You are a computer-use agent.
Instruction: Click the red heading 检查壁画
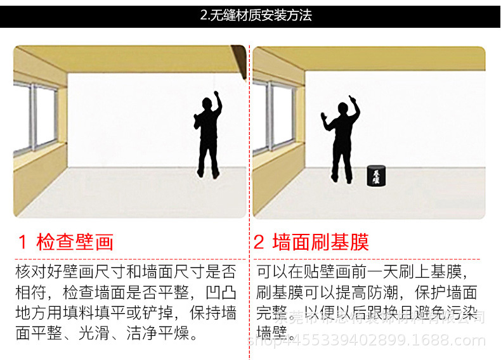click(x=75, y=242)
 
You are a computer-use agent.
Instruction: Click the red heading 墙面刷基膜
click(x=320, y=242)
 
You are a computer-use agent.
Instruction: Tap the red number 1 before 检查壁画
click(x=23, y=242)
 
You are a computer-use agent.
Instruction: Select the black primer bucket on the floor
click(x=375, y=176)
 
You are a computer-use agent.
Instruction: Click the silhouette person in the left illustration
click(x=207, y=134)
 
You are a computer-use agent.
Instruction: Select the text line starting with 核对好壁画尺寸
click(x=126, y=273)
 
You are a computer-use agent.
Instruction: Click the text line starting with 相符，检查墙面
click(x=126, y=293)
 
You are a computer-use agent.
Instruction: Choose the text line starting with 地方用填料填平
click(x=126, y=313)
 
